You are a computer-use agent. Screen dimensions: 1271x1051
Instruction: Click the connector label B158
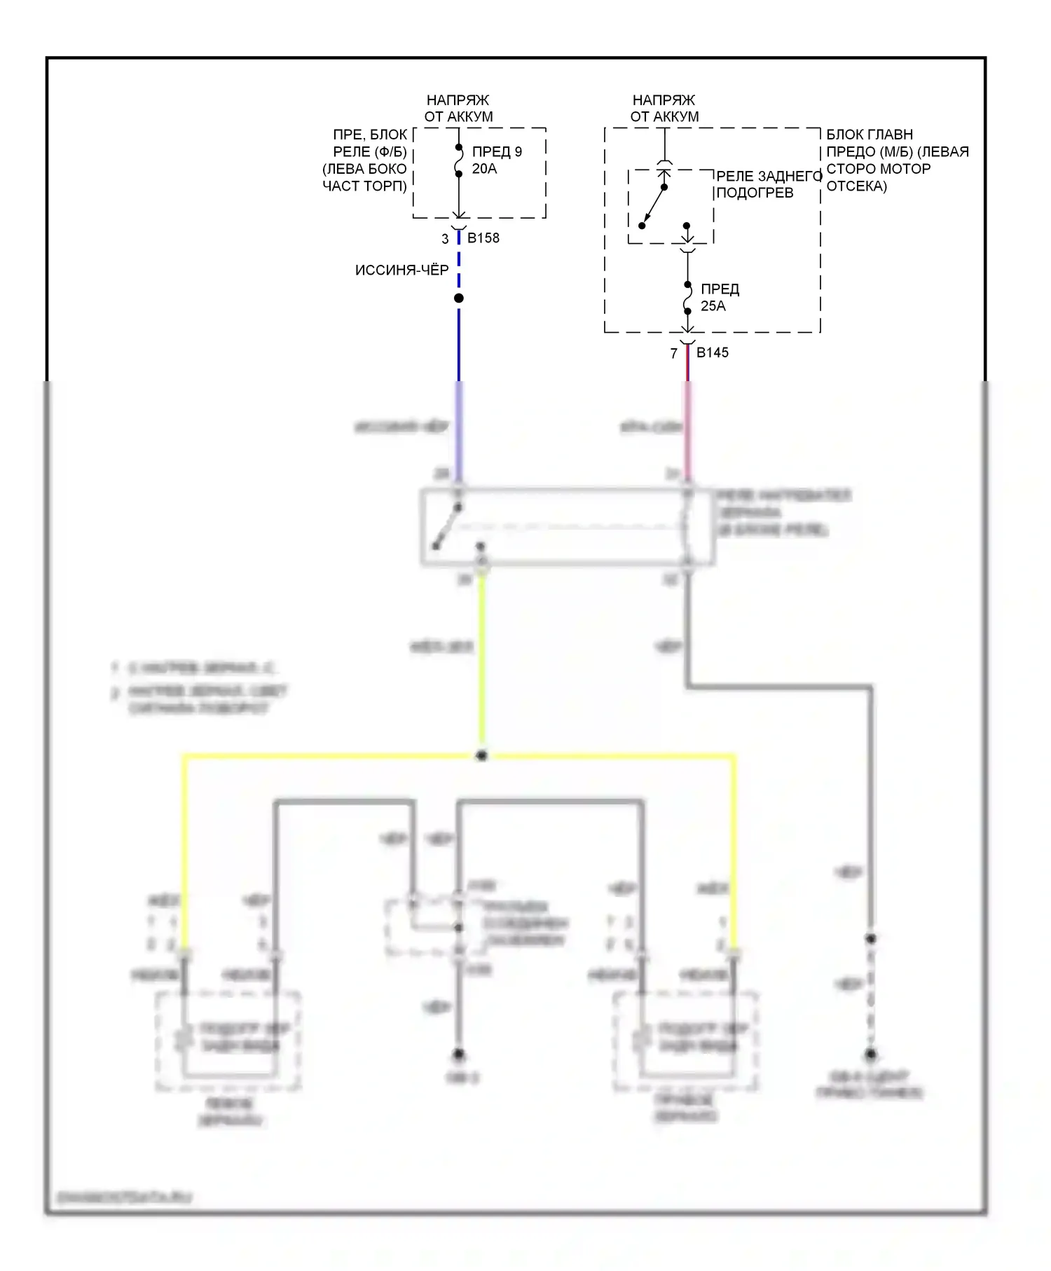click(483, 238)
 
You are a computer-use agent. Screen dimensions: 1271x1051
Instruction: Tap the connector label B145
click(712, 352)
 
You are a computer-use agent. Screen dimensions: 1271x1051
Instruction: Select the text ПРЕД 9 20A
click(496, 160)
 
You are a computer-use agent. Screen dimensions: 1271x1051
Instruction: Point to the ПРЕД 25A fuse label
click(720, 297)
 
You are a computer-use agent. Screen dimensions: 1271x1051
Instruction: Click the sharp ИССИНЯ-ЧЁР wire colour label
click(401, 270)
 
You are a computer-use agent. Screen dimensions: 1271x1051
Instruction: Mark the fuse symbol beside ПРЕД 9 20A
click(459, 160)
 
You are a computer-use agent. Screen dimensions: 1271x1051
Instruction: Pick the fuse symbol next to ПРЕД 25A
click(688, 298)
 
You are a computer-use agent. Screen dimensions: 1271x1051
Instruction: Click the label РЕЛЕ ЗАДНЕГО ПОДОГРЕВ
click(768, 184)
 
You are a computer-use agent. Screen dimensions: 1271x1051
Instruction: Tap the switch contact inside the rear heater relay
click(653, 207)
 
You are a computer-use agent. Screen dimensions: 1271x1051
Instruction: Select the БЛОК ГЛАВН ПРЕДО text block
click(897, 160)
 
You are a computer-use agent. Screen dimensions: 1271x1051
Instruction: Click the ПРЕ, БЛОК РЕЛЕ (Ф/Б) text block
click(365, 160)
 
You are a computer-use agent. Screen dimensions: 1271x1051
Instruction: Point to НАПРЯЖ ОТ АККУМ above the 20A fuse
click(458, 109)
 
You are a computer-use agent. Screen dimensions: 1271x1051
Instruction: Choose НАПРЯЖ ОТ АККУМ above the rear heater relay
click(664, 109)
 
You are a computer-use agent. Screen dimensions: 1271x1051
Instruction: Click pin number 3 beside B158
click(445, 239)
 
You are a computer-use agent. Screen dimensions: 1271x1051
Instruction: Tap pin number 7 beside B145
click(674, 353)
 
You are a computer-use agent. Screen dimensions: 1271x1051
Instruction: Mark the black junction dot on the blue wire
click(459, 298)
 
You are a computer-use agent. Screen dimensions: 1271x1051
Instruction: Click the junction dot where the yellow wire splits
click(481, 756)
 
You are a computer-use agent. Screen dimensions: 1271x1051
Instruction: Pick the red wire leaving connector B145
click(687, 364)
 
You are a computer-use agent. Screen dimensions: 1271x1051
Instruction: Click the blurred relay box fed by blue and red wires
click(568, 526)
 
